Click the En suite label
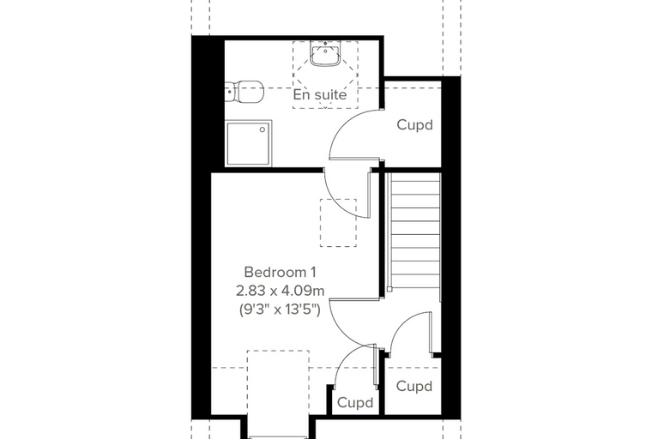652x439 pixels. (x=320, y=95)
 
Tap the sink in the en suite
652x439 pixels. (x=325, y=53)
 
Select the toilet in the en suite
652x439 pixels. (x=244, y=92)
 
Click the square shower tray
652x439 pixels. (x=249, y=143)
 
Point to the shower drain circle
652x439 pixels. (x=263, y=129)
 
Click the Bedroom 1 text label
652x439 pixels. (x=280, y=273)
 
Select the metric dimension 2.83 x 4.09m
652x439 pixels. (x=280, y=291)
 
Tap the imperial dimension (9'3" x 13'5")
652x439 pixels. (x=280, y=310)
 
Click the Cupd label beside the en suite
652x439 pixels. (x=414, y=124)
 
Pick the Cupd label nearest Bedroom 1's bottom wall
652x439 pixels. (x=354, y=402)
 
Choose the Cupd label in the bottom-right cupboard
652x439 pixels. (x=414, y=386)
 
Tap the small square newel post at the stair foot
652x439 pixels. (x=389, y=289)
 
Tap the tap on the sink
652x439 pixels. (x=325, y=43)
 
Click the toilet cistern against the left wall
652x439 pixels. (x=230, y=92)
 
